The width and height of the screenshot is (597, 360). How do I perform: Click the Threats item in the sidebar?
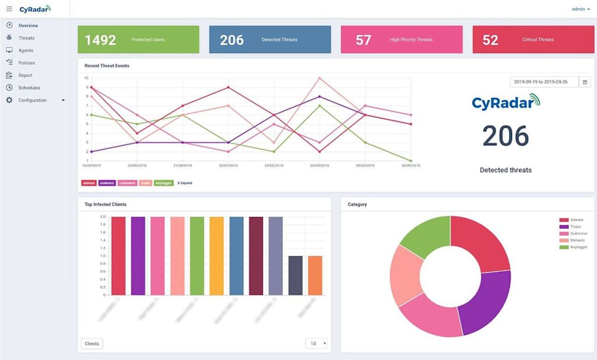[26, 38]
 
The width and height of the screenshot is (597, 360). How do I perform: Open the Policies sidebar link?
[26, 63]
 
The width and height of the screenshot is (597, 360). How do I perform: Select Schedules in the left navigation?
[29, 88]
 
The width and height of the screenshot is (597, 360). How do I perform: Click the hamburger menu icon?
[9, 9]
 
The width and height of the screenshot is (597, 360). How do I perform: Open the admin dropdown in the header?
[581, 9]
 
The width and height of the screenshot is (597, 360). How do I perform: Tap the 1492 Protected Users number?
[100, 40]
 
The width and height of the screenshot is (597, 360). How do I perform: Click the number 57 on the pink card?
[363, 40]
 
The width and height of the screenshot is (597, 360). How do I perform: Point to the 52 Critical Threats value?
[490, 40]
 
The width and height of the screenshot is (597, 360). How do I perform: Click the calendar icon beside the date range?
[585, 82]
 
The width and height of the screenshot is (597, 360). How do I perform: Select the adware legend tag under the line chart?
[89, 183]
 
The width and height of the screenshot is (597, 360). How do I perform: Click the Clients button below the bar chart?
[92, 344]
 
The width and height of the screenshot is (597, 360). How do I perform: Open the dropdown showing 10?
[317, 344]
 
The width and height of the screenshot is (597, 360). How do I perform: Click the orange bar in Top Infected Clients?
[315, 275]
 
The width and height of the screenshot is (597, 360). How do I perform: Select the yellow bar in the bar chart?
[216, 256]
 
